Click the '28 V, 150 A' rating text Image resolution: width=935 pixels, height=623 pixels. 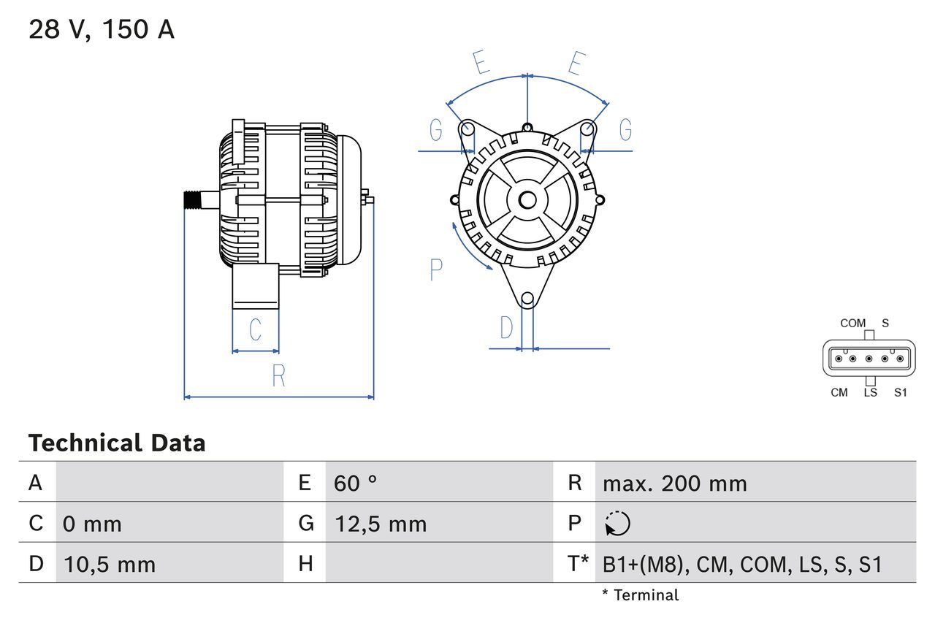[102, 30]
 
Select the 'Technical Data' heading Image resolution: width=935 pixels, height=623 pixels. [117, 443]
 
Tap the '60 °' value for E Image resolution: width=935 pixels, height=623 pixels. [356, 483]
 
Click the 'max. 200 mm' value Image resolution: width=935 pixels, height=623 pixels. [674, 483]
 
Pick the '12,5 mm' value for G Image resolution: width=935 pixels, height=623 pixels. [380, 524]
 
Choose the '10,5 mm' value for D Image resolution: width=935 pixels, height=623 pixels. [110, 564]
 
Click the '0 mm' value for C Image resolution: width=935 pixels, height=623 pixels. [92, 524]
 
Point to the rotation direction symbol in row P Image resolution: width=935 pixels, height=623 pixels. [618, 524]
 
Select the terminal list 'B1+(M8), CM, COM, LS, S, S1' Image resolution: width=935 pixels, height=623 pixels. [742, 564]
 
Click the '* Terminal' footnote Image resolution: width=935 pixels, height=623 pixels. [640, 595]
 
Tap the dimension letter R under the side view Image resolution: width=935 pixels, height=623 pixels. [278, 376]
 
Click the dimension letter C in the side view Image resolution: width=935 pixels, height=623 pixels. [255, 330]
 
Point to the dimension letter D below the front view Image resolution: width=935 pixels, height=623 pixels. [507, 329]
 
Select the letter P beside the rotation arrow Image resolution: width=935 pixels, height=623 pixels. [436, 270]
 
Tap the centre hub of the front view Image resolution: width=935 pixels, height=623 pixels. [527, 200]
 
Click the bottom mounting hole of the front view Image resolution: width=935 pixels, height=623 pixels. [527, 299]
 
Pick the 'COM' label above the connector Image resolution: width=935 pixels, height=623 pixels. [852, 324]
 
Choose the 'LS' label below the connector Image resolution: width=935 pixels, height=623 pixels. [870, 393]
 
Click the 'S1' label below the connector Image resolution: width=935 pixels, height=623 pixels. [900, 393]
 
